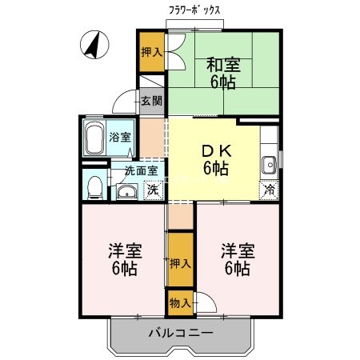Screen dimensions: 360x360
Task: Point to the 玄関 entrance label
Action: coord(151,101)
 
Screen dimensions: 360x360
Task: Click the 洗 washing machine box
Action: coord(152,191)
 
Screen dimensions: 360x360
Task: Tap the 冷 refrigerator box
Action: coord(270,190)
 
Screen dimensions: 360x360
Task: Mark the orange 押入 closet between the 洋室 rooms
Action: coord(180,262)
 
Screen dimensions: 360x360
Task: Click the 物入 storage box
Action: coord(180,303)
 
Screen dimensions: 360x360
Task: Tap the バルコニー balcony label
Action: coord(180,333)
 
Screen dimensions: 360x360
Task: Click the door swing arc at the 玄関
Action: coord(124,102)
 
